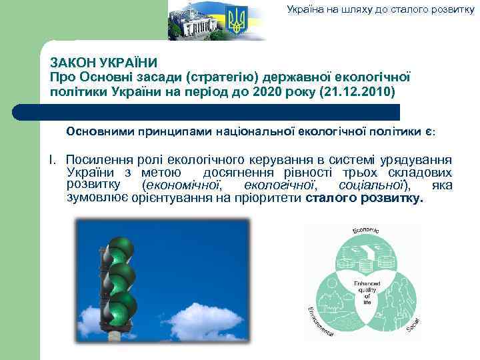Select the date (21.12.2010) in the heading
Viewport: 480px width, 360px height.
(x=357, y=90)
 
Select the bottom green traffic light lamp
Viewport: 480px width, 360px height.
(x=121, y=305)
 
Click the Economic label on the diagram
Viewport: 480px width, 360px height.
(x=365, y=232)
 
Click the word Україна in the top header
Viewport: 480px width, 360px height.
(x=305, y=9)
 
